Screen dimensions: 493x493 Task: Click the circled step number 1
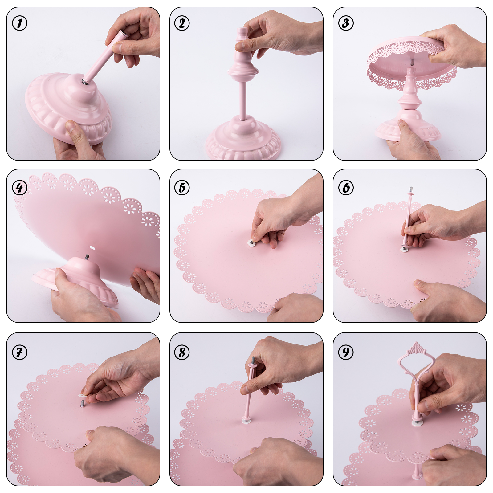(x=20, y=23)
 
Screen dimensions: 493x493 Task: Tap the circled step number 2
(x=182, y=23)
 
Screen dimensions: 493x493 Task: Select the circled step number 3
(x=346, y=23)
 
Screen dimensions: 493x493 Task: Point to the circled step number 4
(x=20, y=188)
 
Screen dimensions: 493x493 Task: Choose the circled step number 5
(x=182, y=188)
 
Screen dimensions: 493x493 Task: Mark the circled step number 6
(x=346, y=188)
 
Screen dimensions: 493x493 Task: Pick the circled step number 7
(x=20, y=352)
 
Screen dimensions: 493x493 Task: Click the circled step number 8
(x=182, y=352)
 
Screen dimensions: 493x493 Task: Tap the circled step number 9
(x=346, y=352)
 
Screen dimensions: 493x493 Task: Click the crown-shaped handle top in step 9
(x=417, y=348)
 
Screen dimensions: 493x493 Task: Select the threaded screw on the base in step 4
(x=88, y=257)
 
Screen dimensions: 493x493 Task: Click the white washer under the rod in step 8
(x=246, y=421)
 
